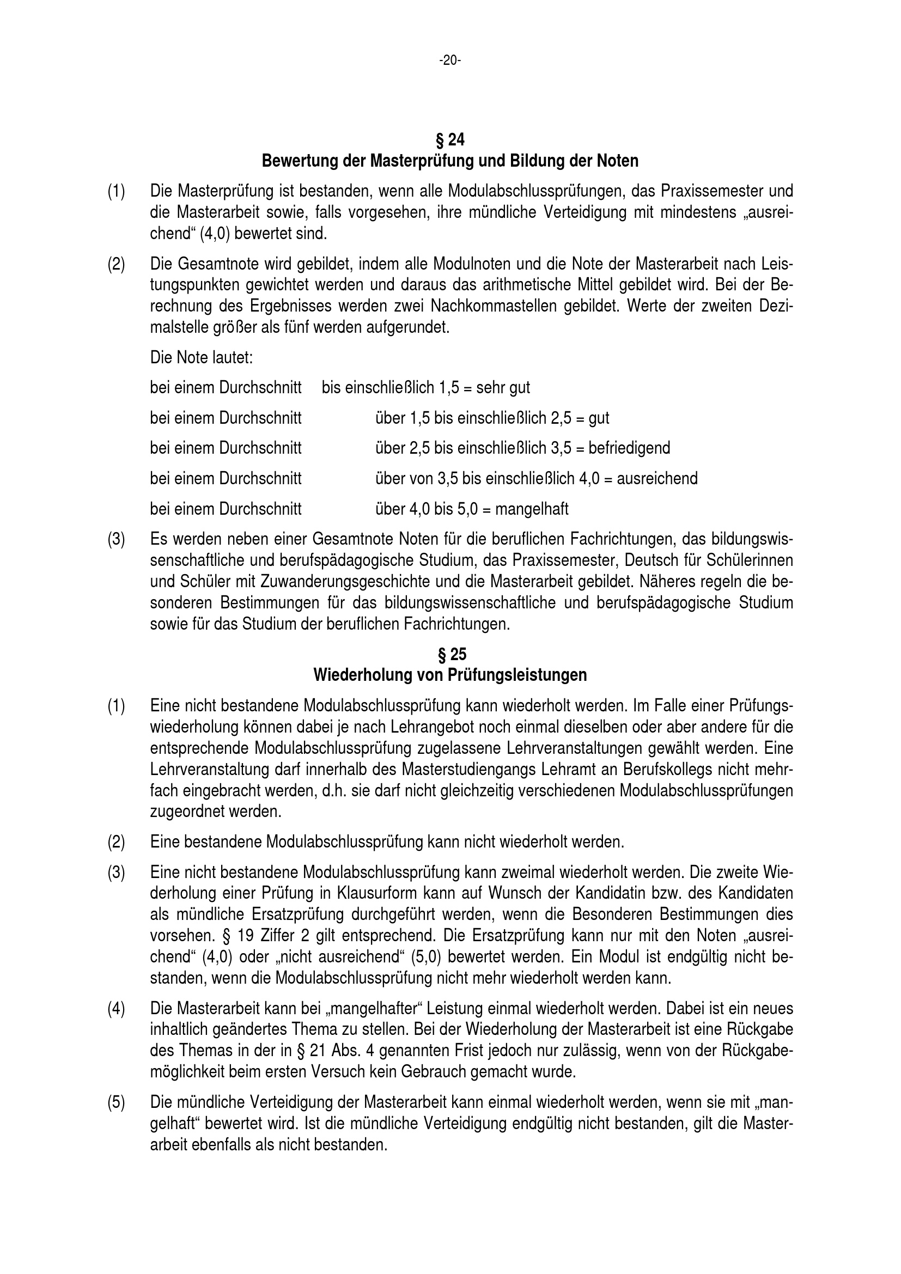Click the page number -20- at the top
click(450, 60)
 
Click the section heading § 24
click(450, 139)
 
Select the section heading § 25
click(450, 655)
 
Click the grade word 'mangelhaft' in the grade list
click(532, 509)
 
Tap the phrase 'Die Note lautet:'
click(202, 357)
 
